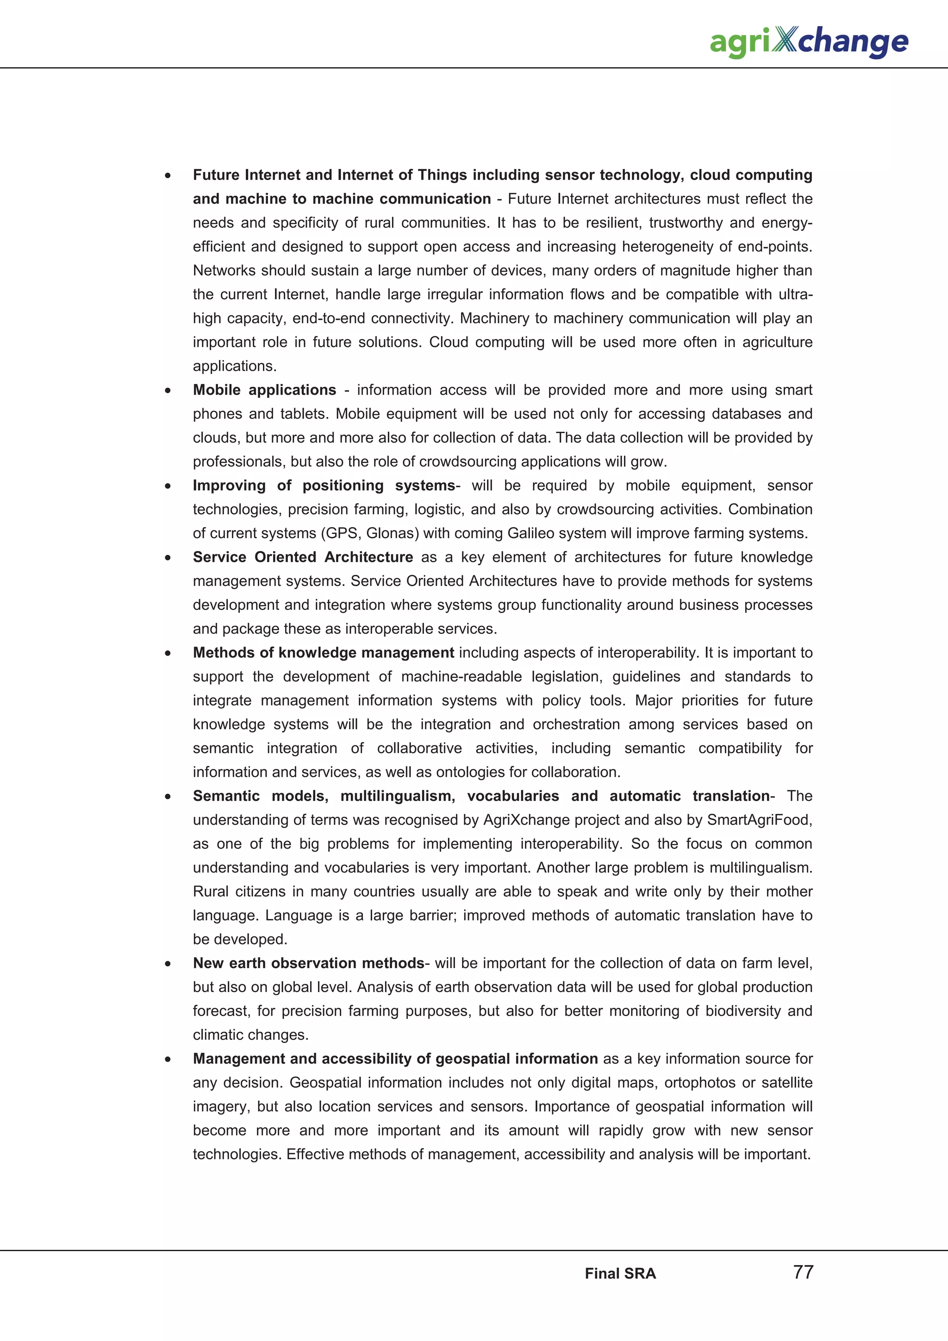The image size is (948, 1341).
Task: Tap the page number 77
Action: click(803, 1272)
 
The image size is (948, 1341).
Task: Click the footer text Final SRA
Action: click(620, 1274)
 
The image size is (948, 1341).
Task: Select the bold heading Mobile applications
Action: click(265, 390)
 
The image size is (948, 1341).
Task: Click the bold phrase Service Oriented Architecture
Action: click(303, 557)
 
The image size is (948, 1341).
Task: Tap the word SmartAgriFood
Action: click(759, 820)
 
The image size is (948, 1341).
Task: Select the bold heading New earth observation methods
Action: click(308, 963)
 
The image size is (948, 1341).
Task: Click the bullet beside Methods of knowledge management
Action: click(168, 653)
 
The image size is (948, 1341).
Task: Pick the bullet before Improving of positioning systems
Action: click(168, 486)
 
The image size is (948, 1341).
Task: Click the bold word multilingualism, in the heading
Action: click(397, 796)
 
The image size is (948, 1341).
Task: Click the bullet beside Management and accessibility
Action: click(168, 1060)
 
